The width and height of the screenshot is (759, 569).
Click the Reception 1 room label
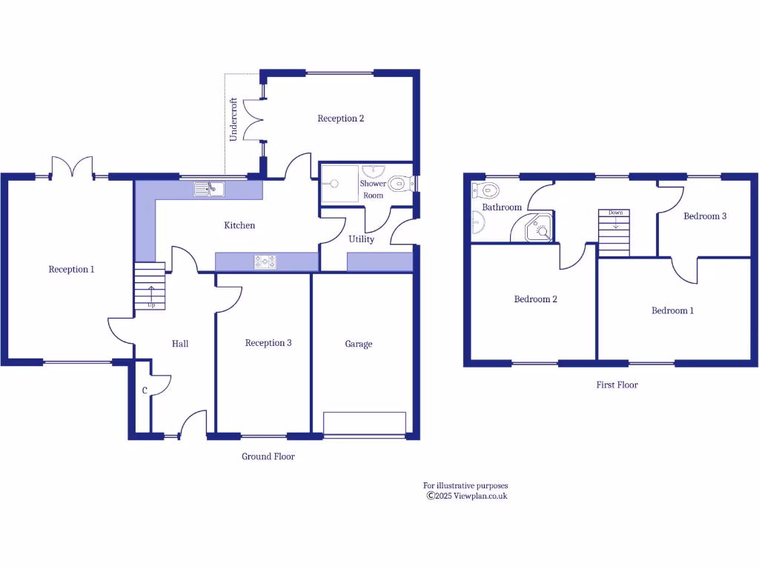(71, 270)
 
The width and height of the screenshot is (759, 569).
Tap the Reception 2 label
(340, 119)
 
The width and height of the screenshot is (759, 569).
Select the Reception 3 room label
(268, 343)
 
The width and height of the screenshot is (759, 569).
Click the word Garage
(359, 344)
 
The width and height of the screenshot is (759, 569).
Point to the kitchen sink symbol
(209, 190)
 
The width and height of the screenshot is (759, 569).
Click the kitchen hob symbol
(265, 262)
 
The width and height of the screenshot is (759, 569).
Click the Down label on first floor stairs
(615, 213)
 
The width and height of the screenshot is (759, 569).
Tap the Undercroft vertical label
(233, 119)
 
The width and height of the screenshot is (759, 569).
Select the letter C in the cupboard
(145, 390)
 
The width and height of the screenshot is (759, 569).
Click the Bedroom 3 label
(704, 216)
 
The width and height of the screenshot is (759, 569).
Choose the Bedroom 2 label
(535, 299)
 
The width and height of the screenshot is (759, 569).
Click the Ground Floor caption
(268, 456)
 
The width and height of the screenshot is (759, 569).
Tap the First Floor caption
(617, 385)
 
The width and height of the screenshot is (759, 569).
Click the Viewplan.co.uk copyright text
(466, 496)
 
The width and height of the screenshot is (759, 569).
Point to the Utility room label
(361, 239)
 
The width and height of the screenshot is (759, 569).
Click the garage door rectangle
(365, 424)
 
